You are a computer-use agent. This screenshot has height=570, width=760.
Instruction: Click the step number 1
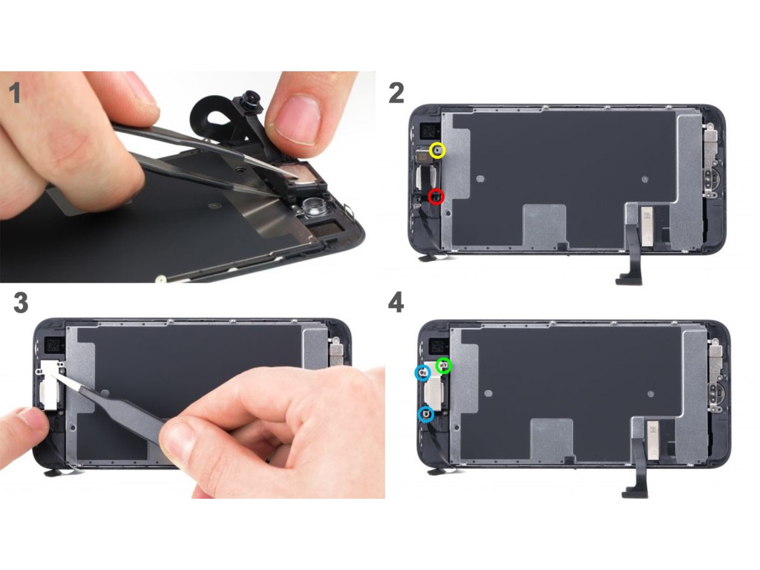pos(16,93)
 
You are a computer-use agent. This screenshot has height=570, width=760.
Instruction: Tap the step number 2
pos(396,93)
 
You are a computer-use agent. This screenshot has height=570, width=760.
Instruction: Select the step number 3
pos(20,303)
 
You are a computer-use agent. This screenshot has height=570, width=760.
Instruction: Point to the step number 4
pos(396,303)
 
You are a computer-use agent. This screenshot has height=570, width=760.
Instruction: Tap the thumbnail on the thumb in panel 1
pos(298,117)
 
